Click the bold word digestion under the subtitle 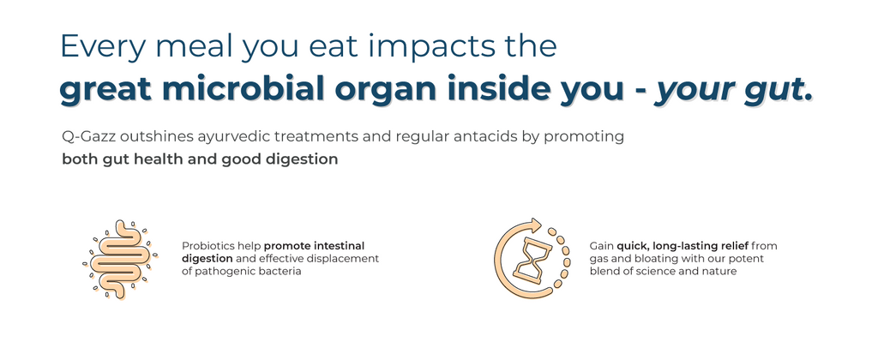tap(308, 160)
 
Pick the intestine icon tap(119, 259)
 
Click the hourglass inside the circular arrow tap(532, 260)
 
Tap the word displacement tap(350, 259)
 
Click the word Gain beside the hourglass tap(601, 246)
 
